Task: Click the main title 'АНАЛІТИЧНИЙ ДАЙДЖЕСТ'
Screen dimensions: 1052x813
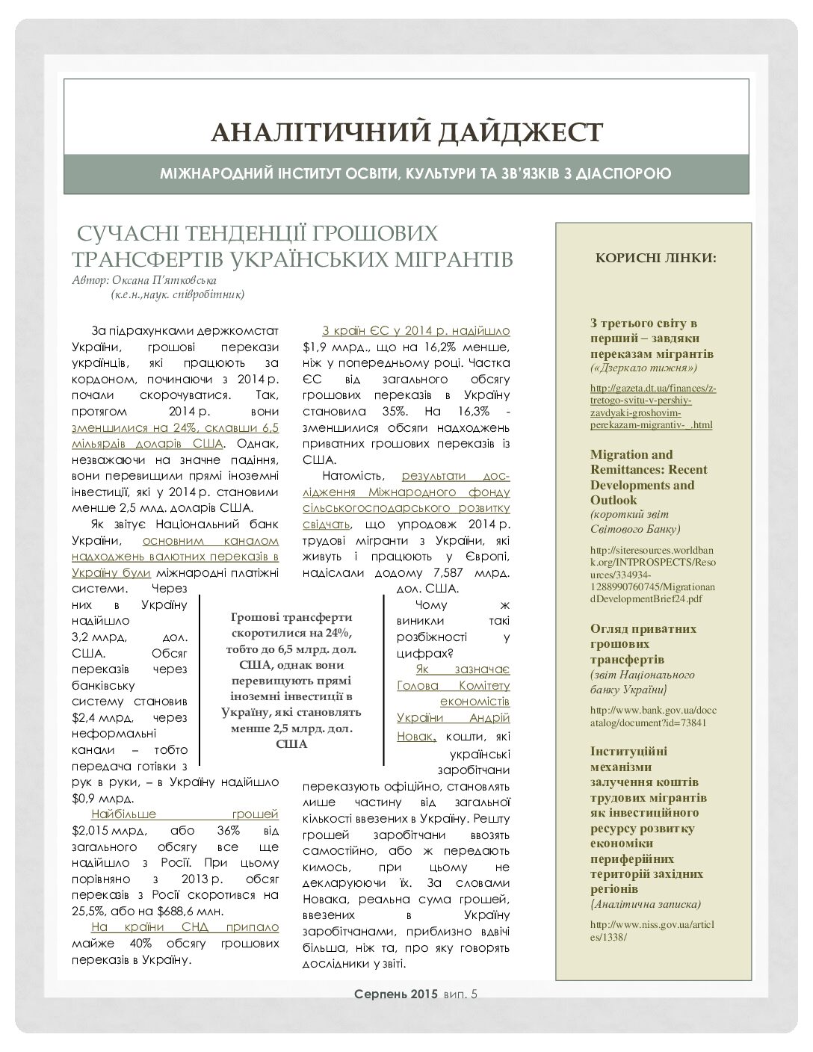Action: [x=406, y=132]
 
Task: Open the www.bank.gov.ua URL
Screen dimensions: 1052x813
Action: [x=652, y=716]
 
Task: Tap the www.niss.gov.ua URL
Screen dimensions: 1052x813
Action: [x=652, y=929]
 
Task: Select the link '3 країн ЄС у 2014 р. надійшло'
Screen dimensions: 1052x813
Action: [x=415, y=330]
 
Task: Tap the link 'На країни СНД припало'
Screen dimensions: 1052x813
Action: [x=185, y=927]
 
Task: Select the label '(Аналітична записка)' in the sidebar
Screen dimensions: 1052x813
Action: [x=646, y=904]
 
